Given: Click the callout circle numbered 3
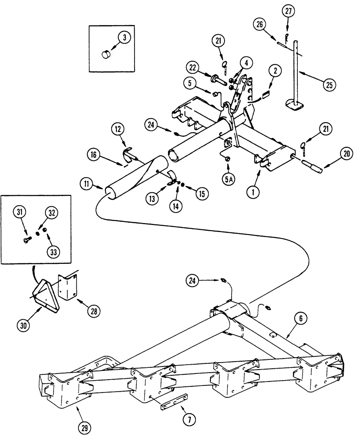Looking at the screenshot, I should [x=124, y=38].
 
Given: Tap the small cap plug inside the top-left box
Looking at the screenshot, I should [x=106, y=55].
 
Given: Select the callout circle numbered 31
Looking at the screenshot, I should [x=20, y=213].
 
